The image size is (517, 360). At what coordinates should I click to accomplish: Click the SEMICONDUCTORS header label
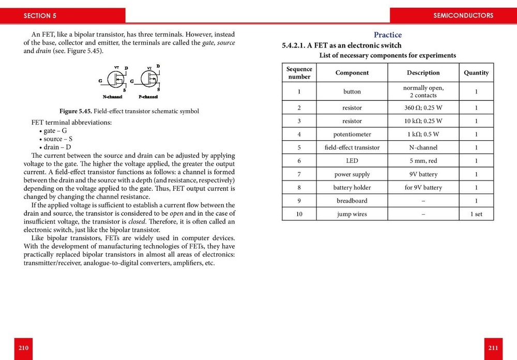click(x=463, y=16)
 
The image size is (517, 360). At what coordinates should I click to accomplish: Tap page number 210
click(x=23, y=348)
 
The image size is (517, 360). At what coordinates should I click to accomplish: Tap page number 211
click(x=493, y=348)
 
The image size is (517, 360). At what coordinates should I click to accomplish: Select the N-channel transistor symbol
click(x=115, y=80)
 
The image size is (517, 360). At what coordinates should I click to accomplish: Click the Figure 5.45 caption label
click(x=75, y=111)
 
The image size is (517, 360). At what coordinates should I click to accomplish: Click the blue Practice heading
click(x=387, y=35)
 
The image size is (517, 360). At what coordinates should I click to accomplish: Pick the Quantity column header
click(x=476, y=73)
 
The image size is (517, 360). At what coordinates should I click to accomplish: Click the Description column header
click(x=423, y=73)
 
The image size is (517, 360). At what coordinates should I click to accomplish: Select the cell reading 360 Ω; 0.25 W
click(x=423, y=108)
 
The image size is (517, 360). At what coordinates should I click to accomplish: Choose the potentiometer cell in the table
click(x=352, y=134)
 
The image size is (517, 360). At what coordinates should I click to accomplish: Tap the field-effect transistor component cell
click(x=352, y=147)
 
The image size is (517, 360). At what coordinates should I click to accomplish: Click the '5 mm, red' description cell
click(x=423, y=161)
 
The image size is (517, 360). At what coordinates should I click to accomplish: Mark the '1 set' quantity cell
click(x=476, y=214)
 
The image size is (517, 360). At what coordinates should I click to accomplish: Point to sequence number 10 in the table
click(x=299, y=214)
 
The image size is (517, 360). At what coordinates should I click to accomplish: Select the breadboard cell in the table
click(x=352, y=201)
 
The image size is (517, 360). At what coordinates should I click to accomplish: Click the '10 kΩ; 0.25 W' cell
click(x=423, y=121)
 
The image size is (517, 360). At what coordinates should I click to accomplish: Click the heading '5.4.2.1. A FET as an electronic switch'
click(x=341, y=46)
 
